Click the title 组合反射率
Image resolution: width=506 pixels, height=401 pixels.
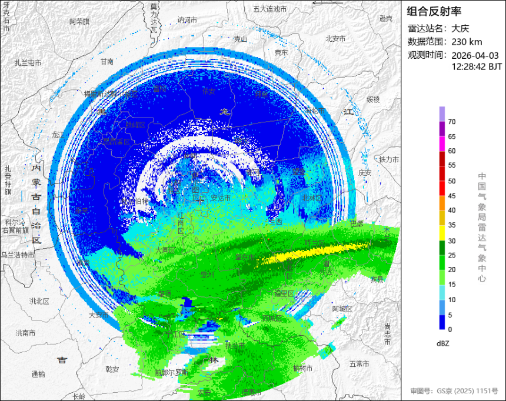(434, 11)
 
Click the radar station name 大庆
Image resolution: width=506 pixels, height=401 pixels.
(461, 28)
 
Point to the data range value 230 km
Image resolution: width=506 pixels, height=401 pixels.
(467, 41)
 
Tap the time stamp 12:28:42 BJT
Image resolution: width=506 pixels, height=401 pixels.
(477, 67)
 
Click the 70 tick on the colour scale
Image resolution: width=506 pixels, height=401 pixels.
(452, 122)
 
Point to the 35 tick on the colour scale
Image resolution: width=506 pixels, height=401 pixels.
(452, 225)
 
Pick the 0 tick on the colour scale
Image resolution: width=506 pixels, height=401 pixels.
(450, 329)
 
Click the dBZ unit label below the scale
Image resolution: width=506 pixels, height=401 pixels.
(443, 343)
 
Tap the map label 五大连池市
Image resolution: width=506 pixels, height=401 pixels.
(269, 9)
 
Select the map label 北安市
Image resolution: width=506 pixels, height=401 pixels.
(335, 39)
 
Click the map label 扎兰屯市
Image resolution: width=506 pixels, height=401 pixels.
(28, 63)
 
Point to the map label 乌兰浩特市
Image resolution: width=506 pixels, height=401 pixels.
(18, 255)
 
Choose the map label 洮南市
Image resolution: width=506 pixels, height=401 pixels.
(25, 333)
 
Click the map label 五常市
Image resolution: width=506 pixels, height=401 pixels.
(359, 363)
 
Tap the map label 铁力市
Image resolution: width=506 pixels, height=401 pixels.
(389, 159)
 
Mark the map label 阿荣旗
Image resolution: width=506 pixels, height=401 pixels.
(79, 21)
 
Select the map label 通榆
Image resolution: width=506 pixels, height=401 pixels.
(38, 374)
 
